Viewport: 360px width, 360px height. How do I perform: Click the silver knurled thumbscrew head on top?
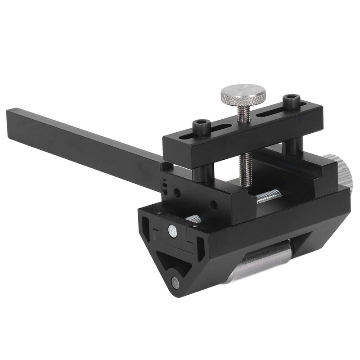(x=243, y=93)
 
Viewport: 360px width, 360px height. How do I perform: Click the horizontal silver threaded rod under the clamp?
(x=269, y=196)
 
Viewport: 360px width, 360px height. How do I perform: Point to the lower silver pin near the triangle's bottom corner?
(x=175, y=283)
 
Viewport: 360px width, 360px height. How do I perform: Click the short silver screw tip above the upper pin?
(x=194, y=219)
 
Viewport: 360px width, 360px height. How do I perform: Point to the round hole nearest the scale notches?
(x=177, y=193)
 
